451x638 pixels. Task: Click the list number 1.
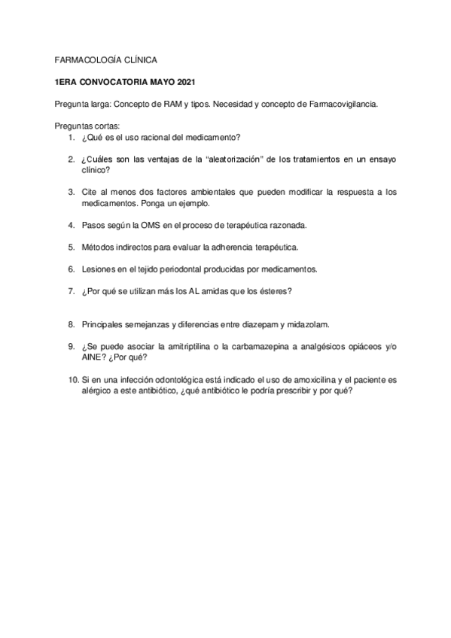tap(69, 138)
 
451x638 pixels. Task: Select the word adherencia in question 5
tap(223, 247)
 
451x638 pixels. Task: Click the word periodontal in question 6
tap(167, 269)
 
